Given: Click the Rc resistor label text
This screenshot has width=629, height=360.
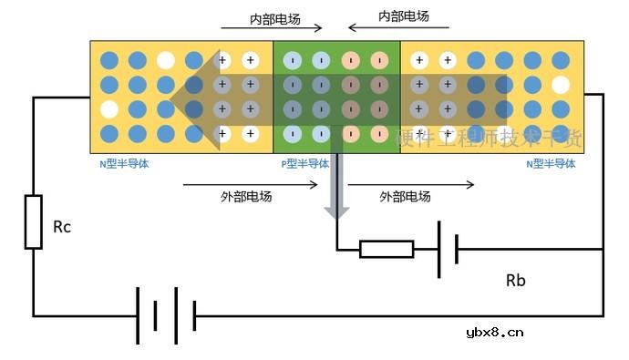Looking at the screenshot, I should tap(61, 227).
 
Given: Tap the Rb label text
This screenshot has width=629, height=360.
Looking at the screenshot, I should tap(515, 280).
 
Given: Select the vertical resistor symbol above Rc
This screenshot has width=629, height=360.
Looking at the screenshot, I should tap(33, 221).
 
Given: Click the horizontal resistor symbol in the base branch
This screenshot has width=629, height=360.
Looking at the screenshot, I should tap(387, 249).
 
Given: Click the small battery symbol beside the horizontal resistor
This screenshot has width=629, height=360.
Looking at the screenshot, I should tap(447, 248).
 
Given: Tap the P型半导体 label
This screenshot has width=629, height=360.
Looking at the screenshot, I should tap(305, 164).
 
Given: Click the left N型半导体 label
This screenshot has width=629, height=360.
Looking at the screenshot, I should tap(124, 164).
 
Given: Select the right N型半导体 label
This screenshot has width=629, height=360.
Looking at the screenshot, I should tap(552, 164).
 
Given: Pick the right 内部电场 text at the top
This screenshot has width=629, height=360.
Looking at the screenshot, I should tap(404, 16).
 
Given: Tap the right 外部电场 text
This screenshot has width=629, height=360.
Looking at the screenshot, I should tap(405, 196).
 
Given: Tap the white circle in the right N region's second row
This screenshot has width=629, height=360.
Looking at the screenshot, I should tap(561, 85).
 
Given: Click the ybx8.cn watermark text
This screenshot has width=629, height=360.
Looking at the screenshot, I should tap(494, 332).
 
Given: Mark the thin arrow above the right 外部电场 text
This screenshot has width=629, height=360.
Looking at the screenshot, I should tap(411, 184).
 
